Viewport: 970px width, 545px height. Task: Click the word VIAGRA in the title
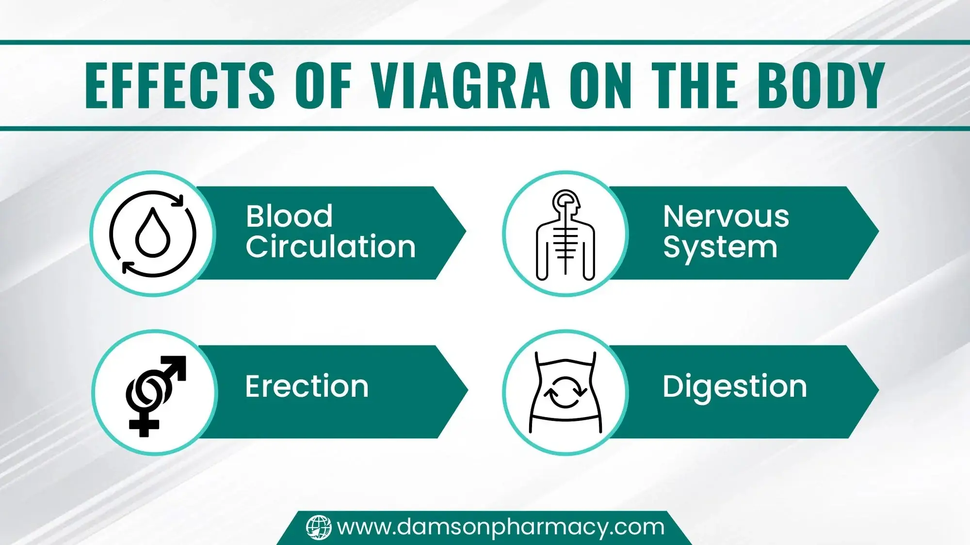coord(460,86)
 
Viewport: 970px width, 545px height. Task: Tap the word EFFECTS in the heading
coord(179,86)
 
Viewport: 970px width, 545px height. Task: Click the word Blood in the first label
coord(289,216)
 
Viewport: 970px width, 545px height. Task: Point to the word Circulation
coord(330,247)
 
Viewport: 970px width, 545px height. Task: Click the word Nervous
coord(726,216)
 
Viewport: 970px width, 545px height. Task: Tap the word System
coord(720,248)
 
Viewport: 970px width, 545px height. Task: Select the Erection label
coord(307,387)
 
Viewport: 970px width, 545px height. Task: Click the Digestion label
coord(734,387)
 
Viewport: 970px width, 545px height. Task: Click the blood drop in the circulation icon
coord(153,233)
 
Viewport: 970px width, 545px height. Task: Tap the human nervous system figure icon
coord(566,234)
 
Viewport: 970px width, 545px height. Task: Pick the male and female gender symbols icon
coord(154,393)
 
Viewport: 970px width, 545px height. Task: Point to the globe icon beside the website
coord(319,527)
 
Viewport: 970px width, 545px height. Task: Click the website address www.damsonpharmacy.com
coord(501,527)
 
